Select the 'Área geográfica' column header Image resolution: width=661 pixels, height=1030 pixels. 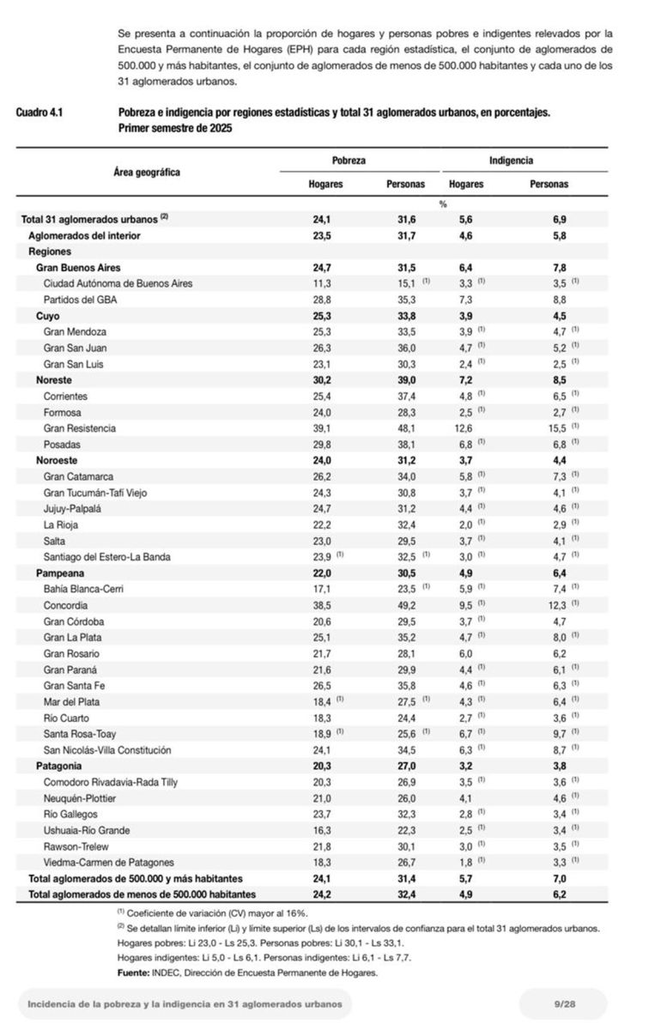(x=147, y=172)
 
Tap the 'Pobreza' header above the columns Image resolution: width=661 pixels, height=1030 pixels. (x=349, y=161)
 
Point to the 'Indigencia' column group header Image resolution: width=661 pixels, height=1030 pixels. (x=511, y=161)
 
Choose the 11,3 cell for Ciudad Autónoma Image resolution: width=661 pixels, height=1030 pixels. (x=323, y=283)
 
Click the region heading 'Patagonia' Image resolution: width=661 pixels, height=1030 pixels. (x=59, y=766)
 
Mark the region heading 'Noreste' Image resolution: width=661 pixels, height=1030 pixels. (x=54, y=379)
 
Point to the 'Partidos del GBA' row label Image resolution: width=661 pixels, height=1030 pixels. (x=81, y=300)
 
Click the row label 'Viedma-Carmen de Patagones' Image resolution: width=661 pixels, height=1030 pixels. (x=108, y=862)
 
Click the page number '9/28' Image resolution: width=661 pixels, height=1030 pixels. (x=563, y=1003)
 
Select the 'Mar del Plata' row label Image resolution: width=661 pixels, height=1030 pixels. (x=73, y=701)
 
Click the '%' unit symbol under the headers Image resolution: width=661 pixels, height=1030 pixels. (x=443, y=203)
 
